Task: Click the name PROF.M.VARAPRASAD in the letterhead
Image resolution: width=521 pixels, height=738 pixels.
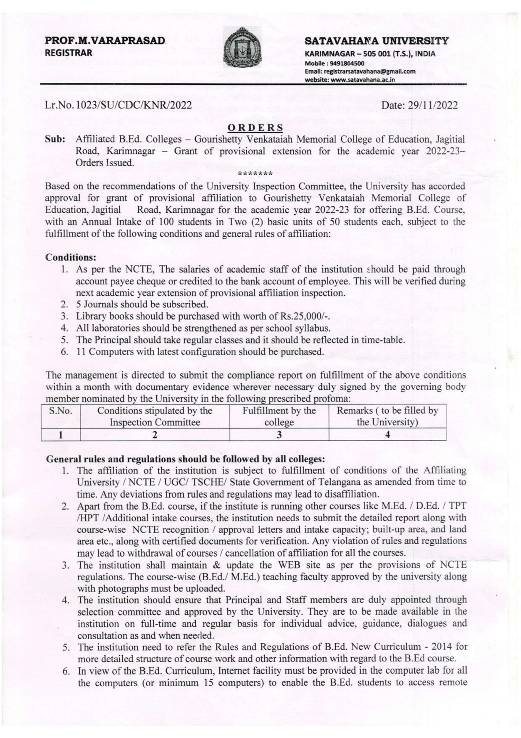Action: (105, 41)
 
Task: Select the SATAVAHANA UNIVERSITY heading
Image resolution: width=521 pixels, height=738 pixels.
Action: (376, 41)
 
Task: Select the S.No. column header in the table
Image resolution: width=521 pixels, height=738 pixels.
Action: (61, 411)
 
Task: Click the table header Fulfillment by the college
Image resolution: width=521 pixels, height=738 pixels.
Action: (279, 416)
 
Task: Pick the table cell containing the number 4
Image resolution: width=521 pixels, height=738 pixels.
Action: (387, 435)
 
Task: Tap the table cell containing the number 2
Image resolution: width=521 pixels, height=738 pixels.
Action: (155, 435)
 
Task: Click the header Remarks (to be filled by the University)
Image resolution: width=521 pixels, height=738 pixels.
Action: (387, 416)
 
